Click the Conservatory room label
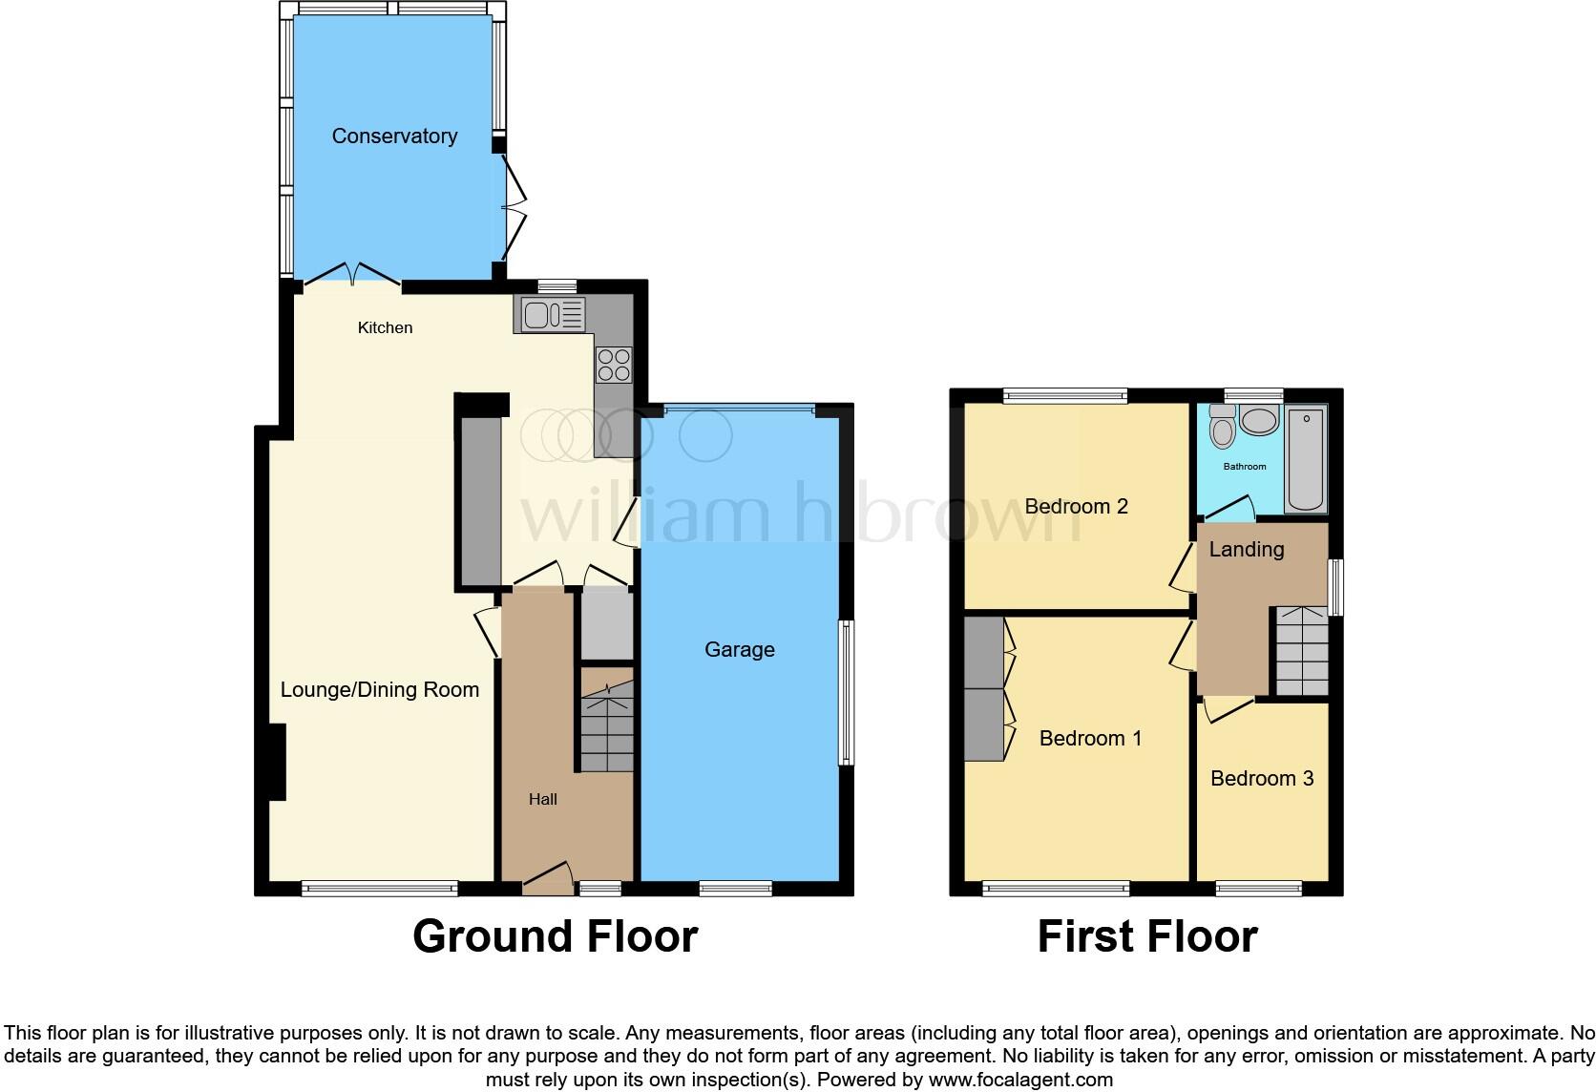394,136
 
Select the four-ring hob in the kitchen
613,364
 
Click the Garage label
739,650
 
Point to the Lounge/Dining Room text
379,690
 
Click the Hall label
543,800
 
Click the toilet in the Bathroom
1221,428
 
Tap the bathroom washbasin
1259,420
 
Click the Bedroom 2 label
1076,507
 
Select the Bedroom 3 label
1262,779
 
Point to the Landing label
1246,550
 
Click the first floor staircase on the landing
1301,652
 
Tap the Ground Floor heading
555,936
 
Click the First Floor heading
1146,936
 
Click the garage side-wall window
845,693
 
